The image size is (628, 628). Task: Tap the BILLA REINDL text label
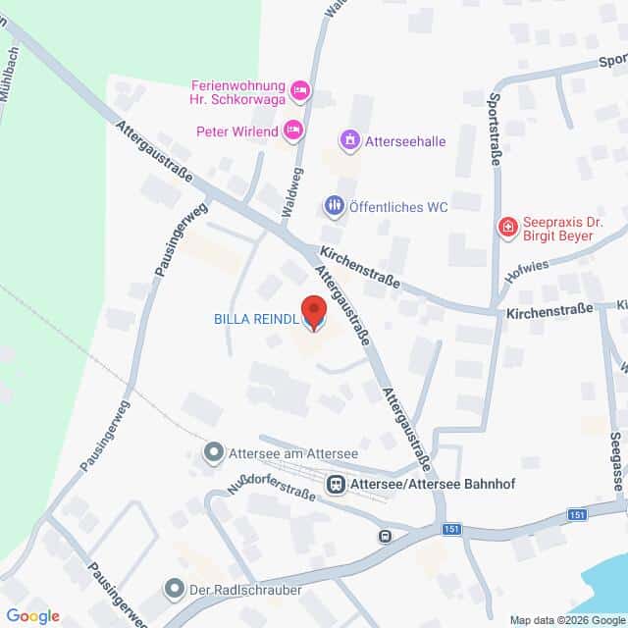pyautogui.click(x=255, y=318)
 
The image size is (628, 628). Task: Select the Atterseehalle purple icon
pyautogui.click(x=348, y=141)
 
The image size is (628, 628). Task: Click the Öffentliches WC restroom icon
pyautogui.click(x=335, y=206)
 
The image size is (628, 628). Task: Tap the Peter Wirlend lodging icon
pyautogui.click(x=291, y=129)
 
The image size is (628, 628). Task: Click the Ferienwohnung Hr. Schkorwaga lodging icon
pyautogui.click(x=301, y=91)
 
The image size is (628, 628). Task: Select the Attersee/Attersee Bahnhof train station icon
pyautogui.click(x=336, y=484)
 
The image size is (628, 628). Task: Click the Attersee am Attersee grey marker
pyautogui.click(x=213, y=452)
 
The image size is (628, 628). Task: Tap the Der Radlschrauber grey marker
pyautogui.click(x=175, y=589)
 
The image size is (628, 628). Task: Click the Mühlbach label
pyautogui.click(x=9, y=69)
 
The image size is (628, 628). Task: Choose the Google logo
pyautogui.click(x=31, y=616)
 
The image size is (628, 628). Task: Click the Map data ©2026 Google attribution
pyautogui.click(x=566, y=620)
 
